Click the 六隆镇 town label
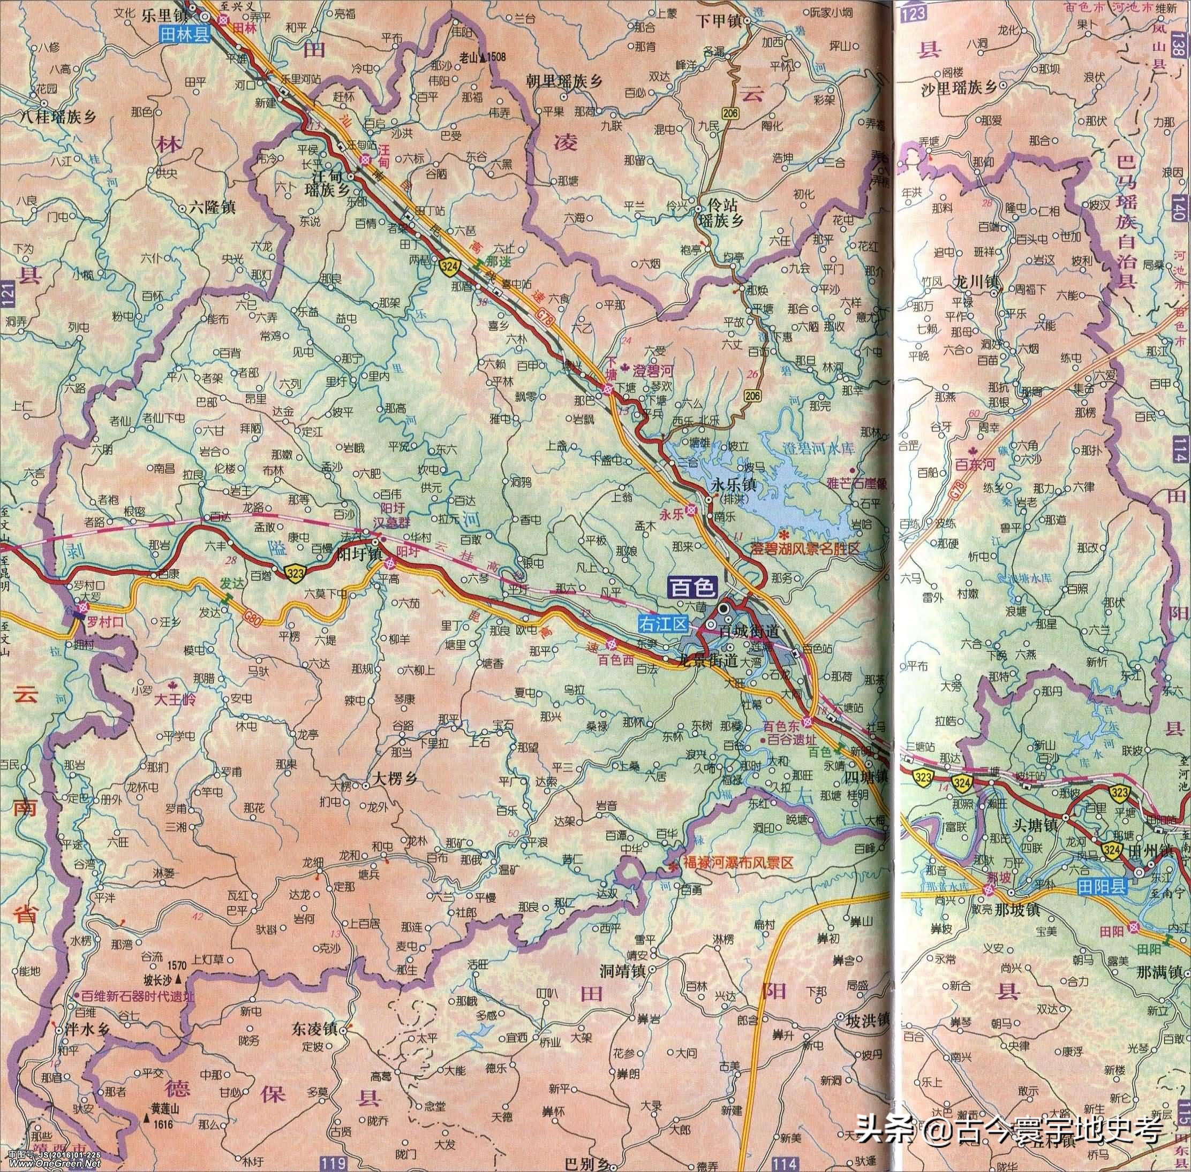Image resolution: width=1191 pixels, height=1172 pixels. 211,208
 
